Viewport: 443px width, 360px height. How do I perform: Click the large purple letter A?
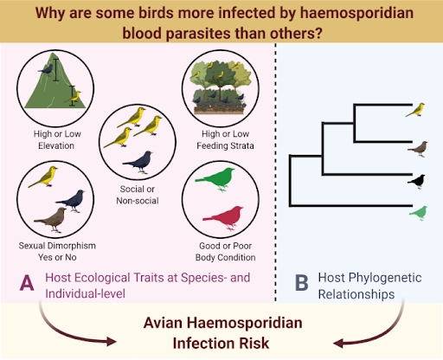(27, 282)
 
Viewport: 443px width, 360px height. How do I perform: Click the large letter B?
(302, 283)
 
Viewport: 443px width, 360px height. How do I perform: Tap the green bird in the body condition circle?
(215, 179)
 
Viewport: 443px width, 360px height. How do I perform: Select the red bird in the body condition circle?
(223, 218)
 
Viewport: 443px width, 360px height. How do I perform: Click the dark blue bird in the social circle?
(138, 162)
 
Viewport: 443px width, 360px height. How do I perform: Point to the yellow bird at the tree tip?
(415, 110)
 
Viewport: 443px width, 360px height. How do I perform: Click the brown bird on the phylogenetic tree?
(418, 149)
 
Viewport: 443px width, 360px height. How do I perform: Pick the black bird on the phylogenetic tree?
(417, 182)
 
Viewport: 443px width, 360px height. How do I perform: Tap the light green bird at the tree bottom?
(419, 213)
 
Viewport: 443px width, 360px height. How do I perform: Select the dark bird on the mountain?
(46, 70)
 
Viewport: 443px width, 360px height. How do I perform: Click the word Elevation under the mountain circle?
(56, 145)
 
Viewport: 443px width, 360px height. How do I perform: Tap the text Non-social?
(138, 201)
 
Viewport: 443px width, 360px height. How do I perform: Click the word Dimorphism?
(72, 246)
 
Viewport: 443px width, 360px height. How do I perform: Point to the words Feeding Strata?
(225, 145)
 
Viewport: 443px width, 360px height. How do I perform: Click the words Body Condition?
(225, 257)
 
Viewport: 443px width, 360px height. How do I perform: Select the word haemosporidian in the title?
(356, 13)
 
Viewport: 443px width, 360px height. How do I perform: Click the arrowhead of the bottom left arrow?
(112, 341)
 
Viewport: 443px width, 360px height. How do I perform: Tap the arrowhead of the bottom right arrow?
(338, 344)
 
